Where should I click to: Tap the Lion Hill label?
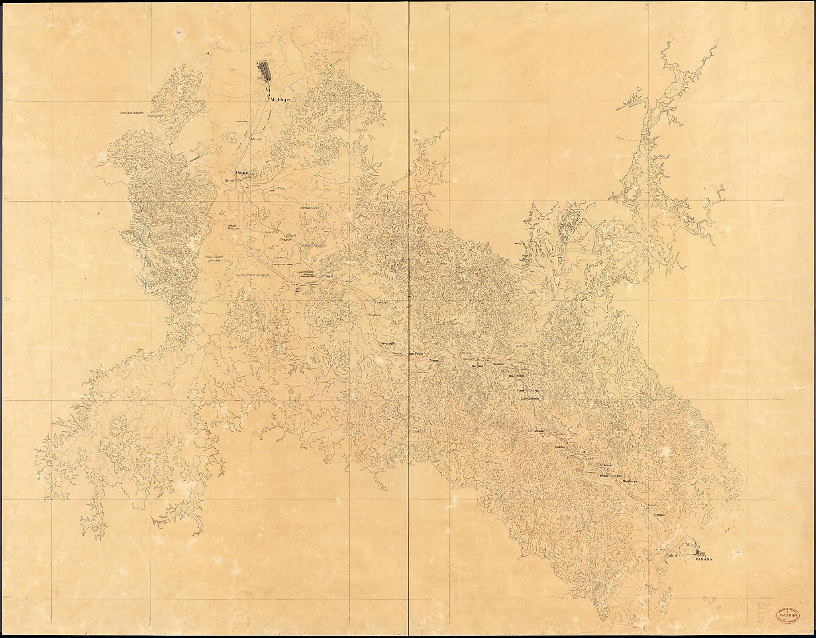click(271, 231)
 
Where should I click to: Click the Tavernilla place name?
click(388, 343)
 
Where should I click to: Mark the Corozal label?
click(660, 515)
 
